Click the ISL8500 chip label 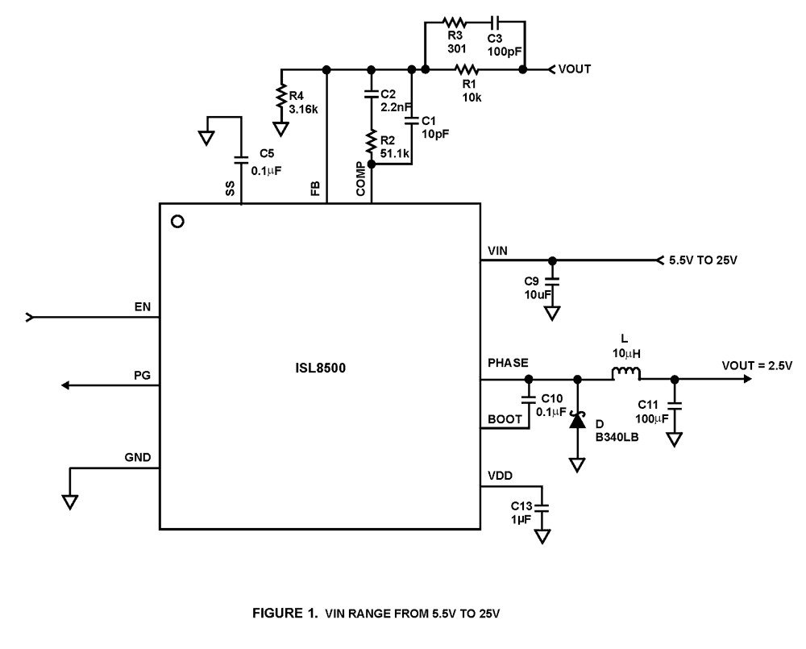pyautogui.click(x=320, y=368)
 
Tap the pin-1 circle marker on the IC pyautogui.click(x=178, y=222)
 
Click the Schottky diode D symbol pyautogui.click(x=577, y=421)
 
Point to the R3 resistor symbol pyautogui.click(x=455, y=22)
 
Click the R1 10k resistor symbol pyautogui.click(x=466, y=69)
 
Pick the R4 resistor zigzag pyautogui.click(x=281, y=96)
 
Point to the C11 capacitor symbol pyautogui.click(x=675, y=406)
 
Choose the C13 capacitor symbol pyautogui.click(x=542, y=509)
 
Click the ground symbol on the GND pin pyautogui.click(x=70, y=501)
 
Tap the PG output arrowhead pyautogui.click(x=64, y=385)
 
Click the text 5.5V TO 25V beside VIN pyautogui.click(x=703, y=260)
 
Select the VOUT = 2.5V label pyautogui.click(x=757, y=366)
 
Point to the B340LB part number pyautogui.click(x=617, y=438)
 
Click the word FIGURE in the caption pyautogui.click(x=277, y=613)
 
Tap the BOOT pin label pyautogui.click(x=505, y=420)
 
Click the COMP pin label pyautogui.click(x=360, y=179)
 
